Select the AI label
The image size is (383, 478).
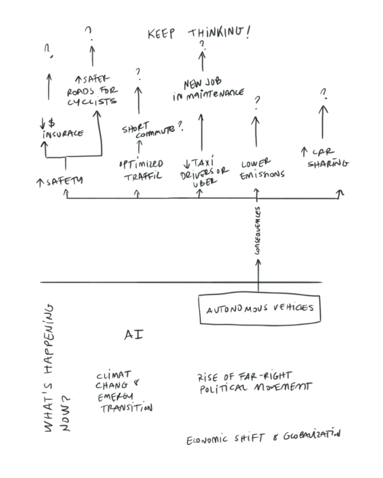pyautogui.click(x=132, y=335)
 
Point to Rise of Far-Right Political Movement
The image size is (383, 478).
pyautogui.click(x=254, y=382)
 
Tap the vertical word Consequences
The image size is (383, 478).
pyautogui.click(x=259, y=233)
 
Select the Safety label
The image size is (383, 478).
pyautogui.click(x=60, y=181)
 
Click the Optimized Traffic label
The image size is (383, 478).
pyautogui.click(x=140, y=169)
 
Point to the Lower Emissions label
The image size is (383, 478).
pyautogui.click(x=261, y=169)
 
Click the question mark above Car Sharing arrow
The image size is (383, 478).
pyautogui.click(x=324, y=94)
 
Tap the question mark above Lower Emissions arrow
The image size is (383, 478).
pyautogui.click(x=257, y=101)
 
